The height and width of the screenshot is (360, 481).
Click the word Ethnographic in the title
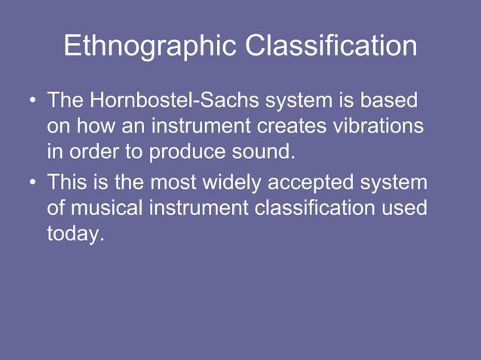[x=150, y=47]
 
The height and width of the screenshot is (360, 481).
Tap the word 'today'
[x=74, y=234]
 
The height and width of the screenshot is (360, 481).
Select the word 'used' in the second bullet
[x=403, y=209]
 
